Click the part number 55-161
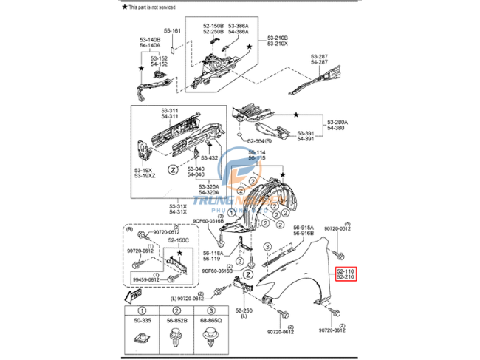[172, 31]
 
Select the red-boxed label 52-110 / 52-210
[346, 275]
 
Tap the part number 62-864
[256, 140]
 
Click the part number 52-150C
[177, 240]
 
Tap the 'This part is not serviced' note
[152, 6]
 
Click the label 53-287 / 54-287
[319, 59]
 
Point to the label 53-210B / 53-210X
[278, 40]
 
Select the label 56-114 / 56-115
[256, 155]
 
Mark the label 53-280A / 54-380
[337, 124]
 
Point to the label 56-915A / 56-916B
[304, 231]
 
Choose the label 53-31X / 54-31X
[179, 209]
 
